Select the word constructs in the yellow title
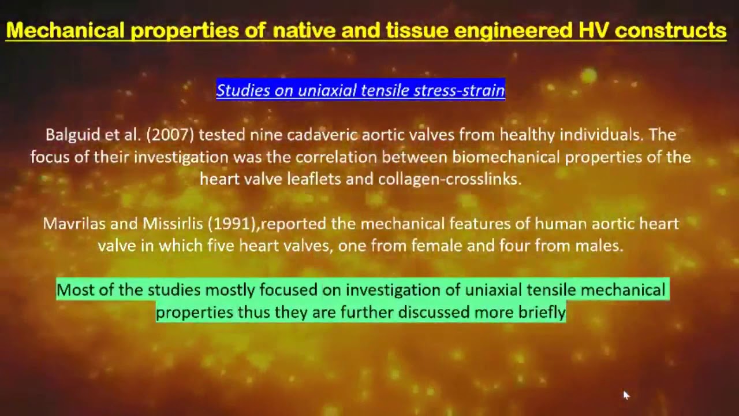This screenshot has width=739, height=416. point(670,30)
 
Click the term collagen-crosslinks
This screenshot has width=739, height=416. point(449,179)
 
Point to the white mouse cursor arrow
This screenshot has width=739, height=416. point(626,395)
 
